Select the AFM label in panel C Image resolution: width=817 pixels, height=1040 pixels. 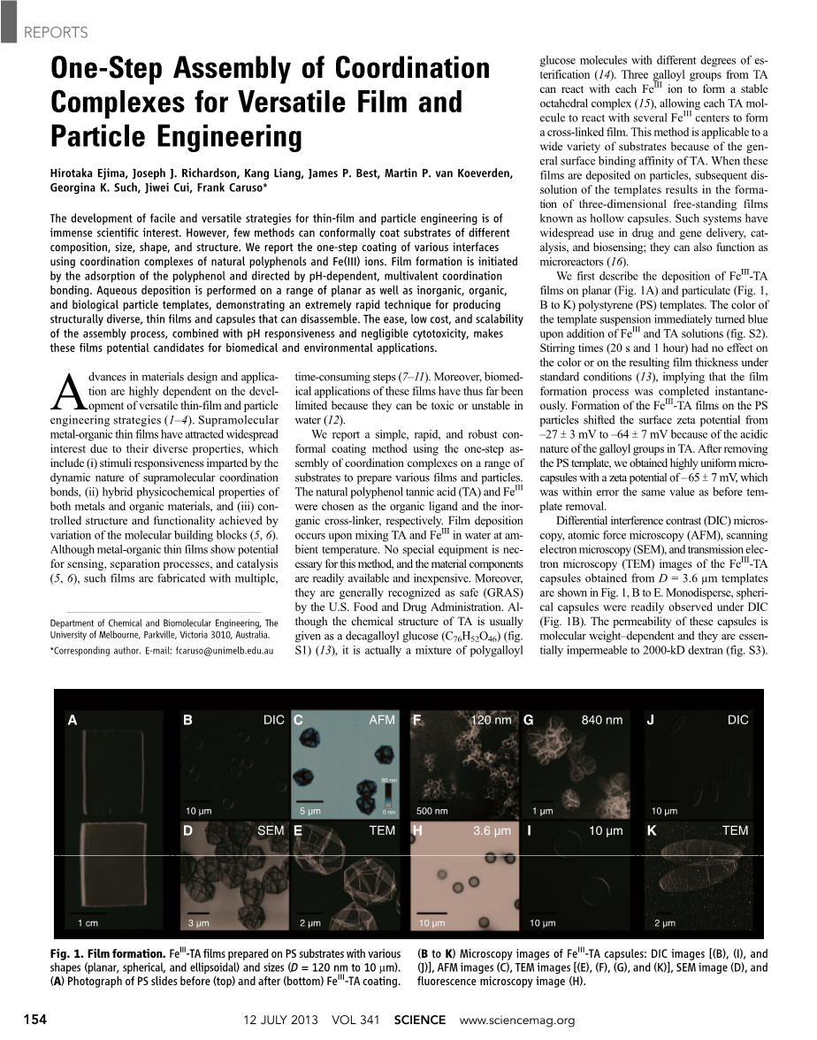tap(382, 721)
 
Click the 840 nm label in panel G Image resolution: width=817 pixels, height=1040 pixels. tap(601, 721)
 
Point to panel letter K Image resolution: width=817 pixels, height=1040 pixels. tap(652, 831)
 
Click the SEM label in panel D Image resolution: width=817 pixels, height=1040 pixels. tap(271, 831)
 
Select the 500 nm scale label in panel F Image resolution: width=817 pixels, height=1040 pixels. tap(431, 811)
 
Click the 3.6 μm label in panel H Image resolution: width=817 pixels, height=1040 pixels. tap(492, 831)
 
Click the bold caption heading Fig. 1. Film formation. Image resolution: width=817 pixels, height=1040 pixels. tap(108, 955)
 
